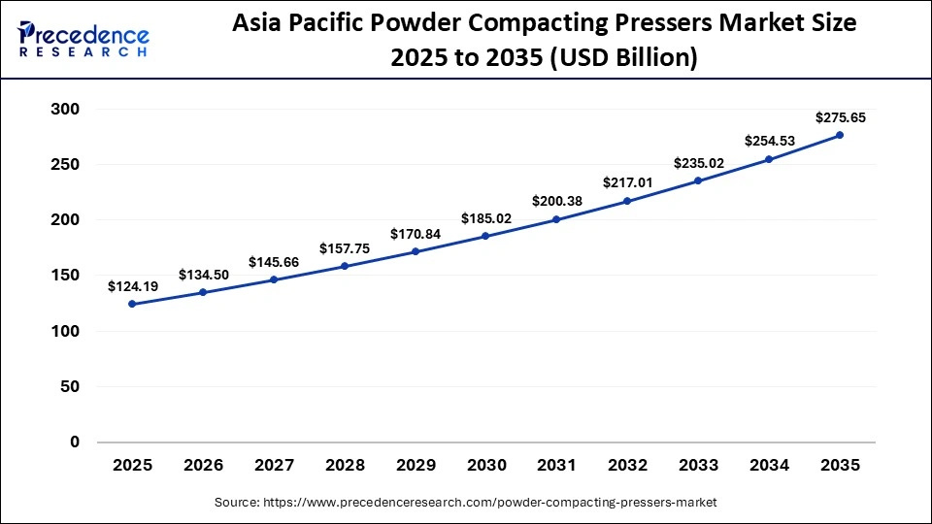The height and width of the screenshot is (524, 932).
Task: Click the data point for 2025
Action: coord(132,304)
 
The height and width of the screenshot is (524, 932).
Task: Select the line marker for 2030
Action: coord(485,236)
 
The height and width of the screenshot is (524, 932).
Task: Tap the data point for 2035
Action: coord(840,135)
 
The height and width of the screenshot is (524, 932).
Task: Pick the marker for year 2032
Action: coord(627,201)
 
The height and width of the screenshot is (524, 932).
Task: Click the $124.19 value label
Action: coord(132,286)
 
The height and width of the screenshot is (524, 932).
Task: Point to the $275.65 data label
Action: coord(841,117)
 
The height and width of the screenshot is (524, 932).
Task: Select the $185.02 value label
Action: coord(485,218)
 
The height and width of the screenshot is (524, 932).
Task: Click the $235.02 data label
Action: coord(698,163)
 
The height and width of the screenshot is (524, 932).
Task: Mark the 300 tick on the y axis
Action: coord(64,110)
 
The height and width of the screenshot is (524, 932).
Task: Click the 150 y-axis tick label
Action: coord(64,276)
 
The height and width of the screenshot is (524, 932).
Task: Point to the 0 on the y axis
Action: coord(75,442)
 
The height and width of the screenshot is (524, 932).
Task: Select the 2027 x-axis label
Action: coord(274,466)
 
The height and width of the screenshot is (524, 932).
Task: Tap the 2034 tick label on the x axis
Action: coord(769,466)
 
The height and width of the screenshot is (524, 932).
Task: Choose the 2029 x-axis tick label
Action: coord(416,466)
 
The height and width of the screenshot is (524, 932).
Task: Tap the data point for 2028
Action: coord(345,266)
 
